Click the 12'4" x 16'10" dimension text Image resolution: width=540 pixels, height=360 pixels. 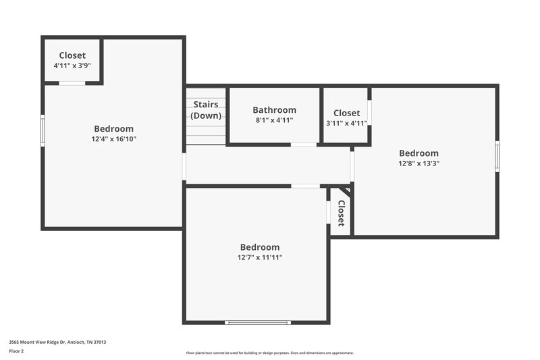[113, 139]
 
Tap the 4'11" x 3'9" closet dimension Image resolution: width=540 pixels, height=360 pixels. [72, 66]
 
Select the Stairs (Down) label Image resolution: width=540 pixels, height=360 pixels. [206, 110]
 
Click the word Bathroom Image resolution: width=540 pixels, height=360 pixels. [274, 110]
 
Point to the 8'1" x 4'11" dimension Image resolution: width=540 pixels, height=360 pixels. [274, 120]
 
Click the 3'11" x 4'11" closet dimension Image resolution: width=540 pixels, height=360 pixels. [346, 123]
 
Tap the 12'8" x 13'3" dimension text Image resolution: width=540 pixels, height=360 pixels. [418, 163]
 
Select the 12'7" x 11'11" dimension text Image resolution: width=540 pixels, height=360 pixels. [260, 257]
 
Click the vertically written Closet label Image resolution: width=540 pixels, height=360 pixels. [341, 213]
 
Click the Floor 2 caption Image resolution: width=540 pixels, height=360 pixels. [17, 351]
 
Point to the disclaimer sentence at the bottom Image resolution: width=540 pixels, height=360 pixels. [269, 353]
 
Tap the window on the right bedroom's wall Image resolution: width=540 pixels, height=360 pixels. [497, 156]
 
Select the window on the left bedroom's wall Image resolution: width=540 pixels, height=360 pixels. [43, 130]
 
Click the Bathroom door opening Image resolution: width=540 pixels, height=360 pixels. [303, 145]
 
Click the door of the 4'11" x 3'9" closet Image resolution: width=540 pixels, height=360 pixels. [72, 83]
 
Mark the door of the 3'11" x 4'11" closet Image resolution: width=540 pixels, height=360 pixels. [369, 113]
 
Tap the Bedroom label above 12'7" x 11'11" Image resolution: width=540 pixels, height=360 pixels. [260, 247]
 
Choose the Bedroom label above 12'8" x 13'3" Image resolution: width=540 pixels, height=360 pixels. [418, 153]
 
